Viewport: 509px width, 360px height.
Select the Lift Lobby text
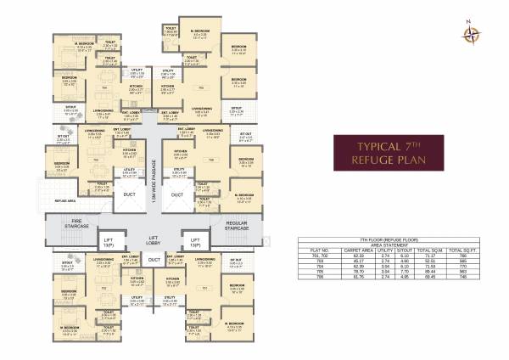pyautogui.click(x=154, y=240)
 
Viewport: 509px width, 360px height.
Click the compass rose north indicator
pyautogui.click(x=469, y=33)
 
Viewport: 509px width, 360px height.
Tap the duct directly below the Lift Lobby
pyautogui.click(x=154, y=260)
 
